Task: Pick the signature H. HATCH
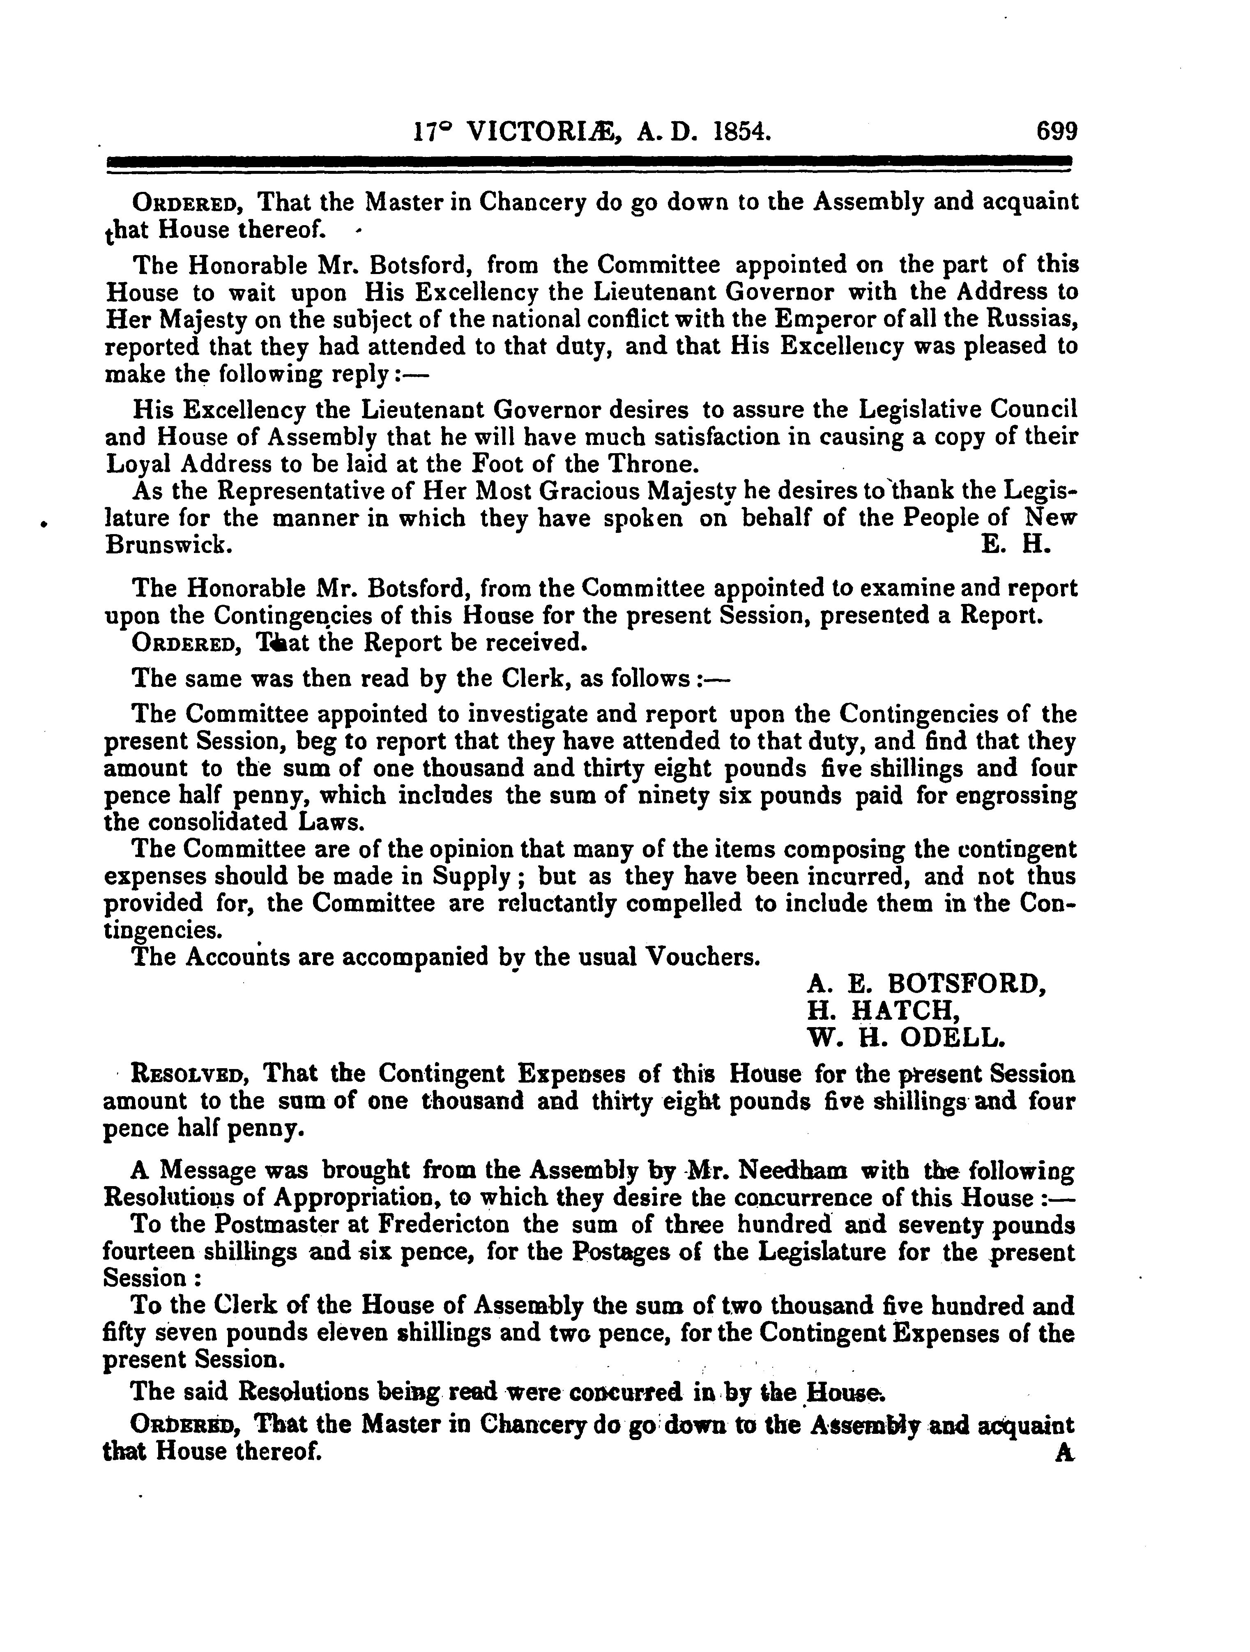pos(883,1010)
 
